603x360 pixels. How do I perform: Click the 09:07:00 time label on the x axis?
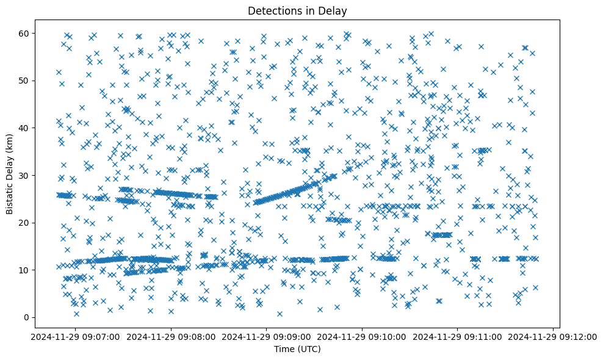coord(75,336)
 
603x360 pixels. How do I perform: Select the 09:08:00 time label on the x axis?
coord(171,336)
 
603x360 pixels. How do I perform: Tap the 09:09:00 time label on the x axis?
coord(267,336)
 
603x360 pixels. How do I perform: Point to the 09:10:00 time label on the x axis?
coord(363,336)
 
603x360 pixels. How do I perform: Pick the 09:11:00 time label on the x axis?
coord(458,336)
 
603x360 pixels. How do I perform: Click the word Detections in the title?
coord(274,10)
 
